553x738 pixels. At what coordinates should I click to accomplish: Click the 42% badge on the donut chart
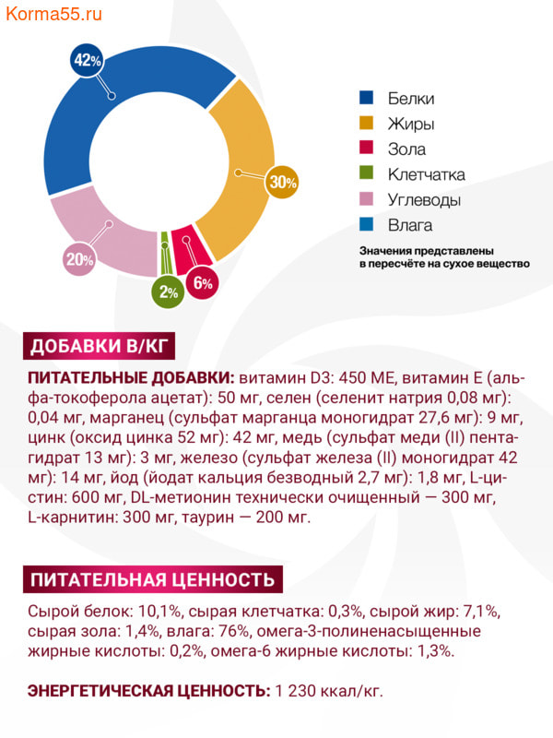pyautogui.click(x=86, y=62)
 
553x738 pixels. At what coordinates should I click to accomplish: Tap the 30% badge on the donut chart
pyautogui.click(x=282, y=183)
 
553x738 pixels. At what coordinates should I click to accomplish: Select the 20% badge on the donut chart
pyautogui.click(x=79, y=259)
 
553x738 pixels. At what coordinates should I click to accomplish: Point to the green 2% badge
pyautogui.click(x=168, y=292)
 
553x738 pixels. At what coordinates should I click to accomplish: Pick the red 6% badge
pyautogui.click(x=203, y=283)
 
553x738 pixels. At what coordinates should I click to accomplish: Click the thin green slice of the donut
pyautogui.click(x=165, y=242)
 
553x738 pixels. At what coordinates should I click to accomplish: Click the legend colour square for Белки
pyautogui.click(x=366, y=98)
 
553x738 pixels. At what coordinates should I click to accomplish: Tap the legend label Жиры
pyautogui.click(x=411, y=124)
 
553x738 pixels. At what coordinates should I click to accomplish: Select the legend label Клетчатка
pyautogui.click(x=426, y=174)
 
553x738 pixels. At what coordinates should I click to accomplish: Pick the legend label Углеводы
pyautogui.click(x=424, y=199)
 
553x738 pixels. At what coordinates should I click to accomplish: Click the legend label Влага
pyautogui.click(x=410, y=225)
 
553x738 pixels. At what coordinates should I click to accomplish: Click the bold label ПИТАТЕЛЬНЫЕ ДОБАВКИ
pyautogui.click(x=132, y=378)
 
